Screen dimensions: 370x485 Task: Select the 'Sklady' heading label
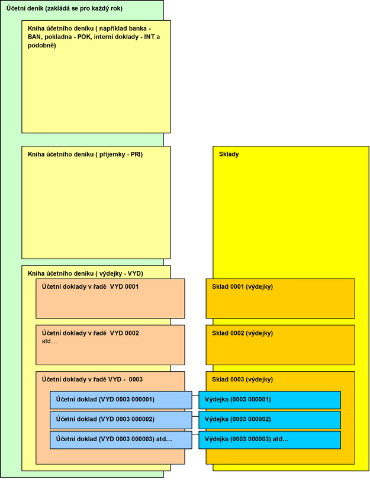(x=229, y=154)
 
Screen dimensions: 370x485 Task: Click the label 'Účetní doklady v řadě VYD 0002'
(x=91, y=333)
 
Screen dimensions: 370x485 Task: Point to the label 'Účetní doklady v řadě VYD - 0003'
(x=92, y=379)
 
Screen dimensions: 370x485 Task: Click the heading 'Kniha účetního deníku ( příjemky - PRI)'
(x=85, y=154)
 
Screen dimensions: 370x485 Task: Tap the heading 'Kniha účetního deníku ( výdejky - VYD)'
(x=86, y=273)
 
